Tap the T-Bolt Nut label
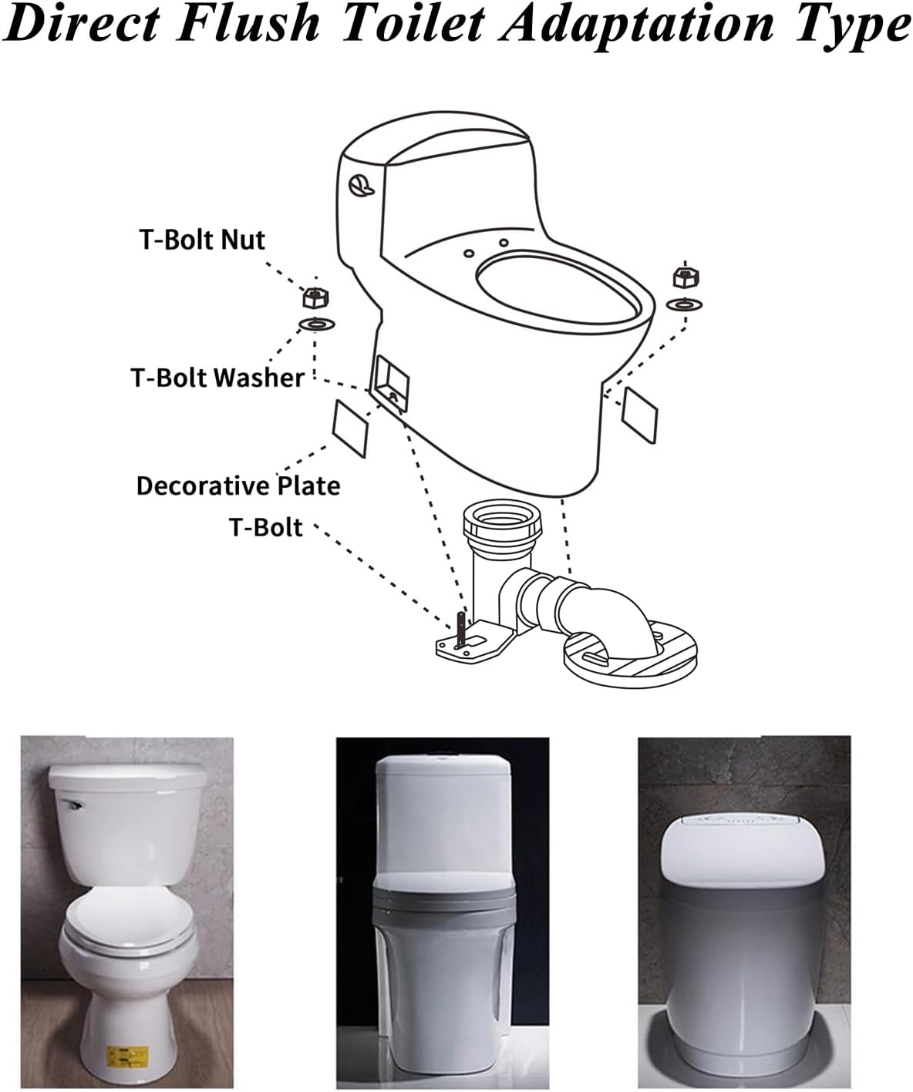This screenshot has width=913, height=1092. click(x=202, y=240)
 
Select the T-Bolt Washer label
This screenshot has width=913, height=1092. click(x=218, y=378)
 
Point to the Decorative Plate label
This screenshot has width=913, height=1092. click(x=238, y=486)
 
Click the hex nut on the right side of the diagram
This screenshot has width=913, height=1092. click(x=682, y=277)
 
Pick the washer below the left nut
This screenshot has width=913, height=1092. click(x=315, y=322)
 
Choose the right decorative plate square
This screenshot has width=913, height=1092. click(x=639, y=415)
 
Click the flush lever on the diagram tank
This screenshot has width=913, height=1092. click(x=359, y=184)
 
